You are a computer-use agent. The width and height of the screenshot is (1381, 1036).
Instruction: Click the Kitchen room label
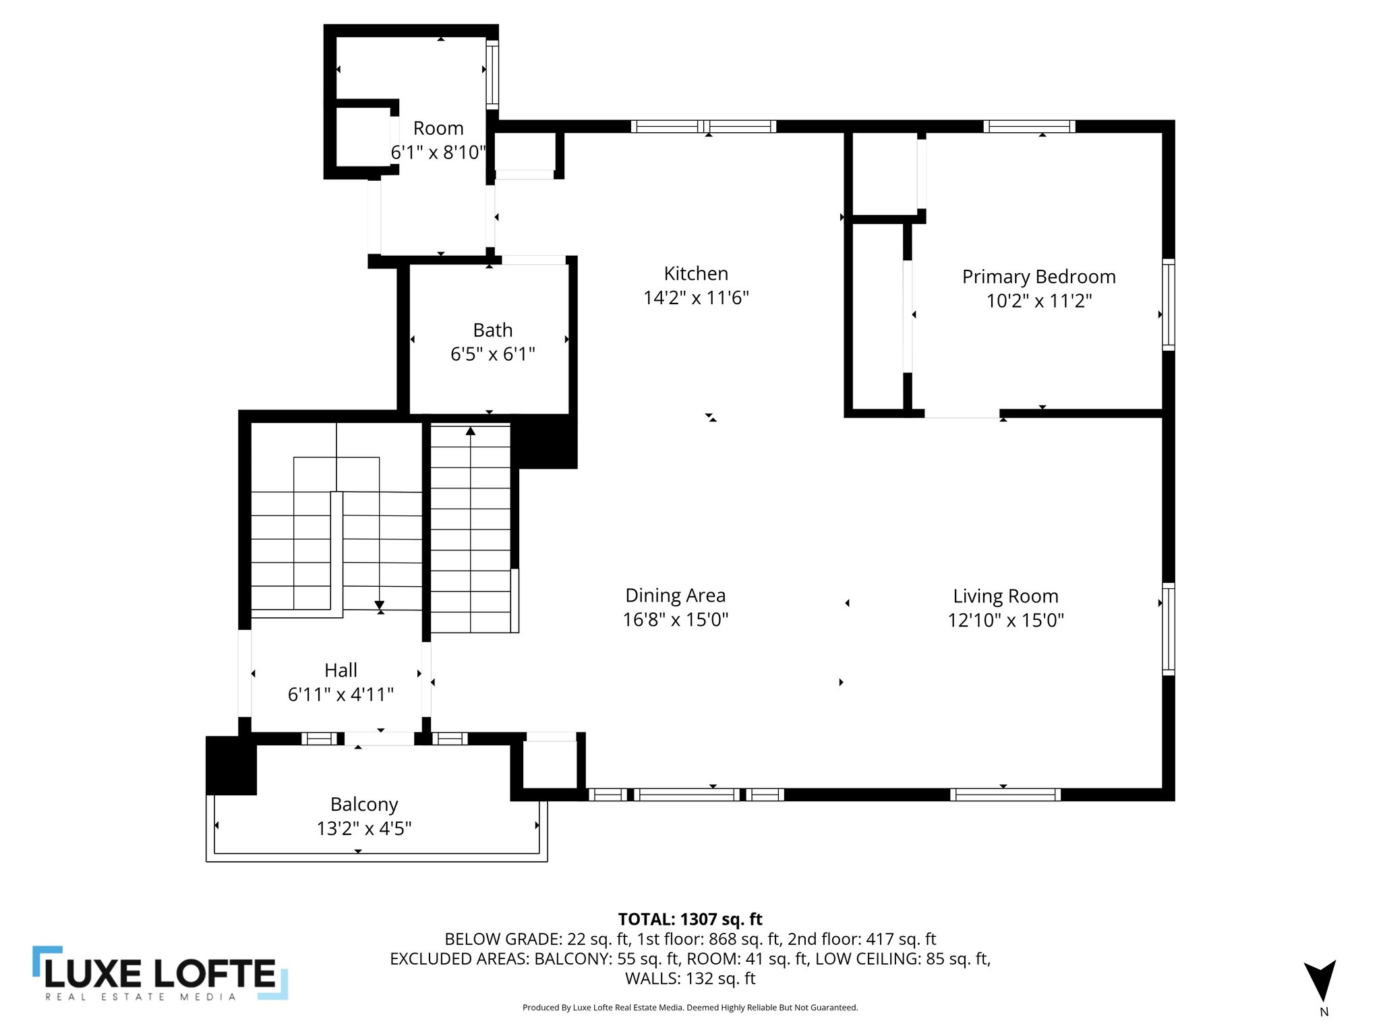[x=696, y=273]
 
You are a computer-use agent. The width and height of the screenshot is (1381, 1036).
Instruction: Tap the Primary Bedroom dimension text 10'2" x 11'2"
[x=1038, y=301]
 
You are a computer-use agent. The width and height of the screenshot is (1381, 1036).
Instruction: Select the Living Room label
[x=1005, y=596]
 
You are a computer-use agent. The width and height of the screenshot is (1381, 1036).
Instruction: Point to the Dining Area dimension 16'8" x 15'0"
[x=675, y=620]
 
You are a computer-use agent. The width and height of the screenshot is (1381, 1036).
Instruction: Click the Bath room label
[x=492, y=330]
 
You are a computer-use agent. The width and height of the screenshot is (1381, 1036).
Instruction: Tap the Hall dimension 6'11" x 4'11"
[x=341, y=694]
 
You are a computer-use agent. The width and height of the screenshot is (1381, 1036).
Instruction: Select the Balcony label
[x=364, y=804]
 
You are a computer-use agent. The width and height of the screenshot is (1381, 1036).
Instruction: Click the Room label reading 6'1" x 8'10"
[x=438, y=152]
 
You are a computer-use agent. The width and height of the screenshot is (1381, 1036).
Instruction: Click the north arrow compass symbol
[x=1320, y=979]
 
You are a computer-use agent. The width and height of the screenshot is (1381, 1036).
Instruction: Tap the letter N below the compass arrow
[x=1324, y=1012]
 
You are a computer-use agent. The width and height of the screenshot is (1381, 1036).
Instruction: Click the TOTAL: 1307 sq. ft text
[x=690, y=919]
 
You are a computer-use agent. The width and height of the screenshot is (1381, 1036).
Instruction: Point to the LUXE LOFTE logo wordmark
[x=160, y=974]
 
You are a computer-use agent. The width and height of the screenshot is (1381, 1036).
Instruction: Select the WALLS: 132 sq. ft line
[x=690, y=978]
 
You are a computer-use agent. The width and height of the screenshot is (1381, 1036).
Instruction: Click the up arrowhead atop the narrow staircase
[x=471, y=430]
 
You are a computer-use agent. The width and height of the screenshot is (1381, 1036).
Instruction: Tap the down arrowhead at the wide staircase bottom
[x=380, y=604]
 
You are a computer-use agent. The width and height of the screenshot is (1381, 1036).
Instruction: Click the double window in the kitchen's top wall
[x=703, y=126]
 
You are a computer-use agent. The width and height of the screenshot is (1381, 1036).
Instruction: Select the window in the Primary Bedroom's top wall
[x=1029, y=126]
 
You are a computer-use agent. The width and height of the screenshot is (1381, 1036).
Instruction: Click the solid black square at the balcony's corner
[x=231, y=766]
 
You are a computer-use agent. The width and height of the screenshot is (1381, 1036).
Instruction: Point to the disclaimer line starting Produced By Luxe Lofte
[x=690, y=1008]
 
